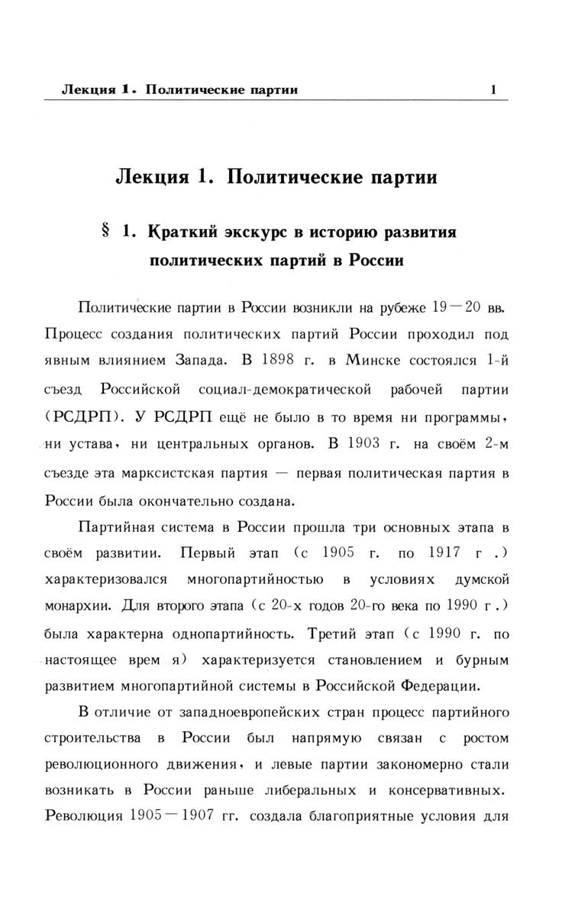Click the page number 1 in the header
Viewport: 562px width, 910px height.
coord(494,89)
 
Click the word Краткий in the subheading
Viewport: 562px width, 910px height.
coord(185,231)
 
